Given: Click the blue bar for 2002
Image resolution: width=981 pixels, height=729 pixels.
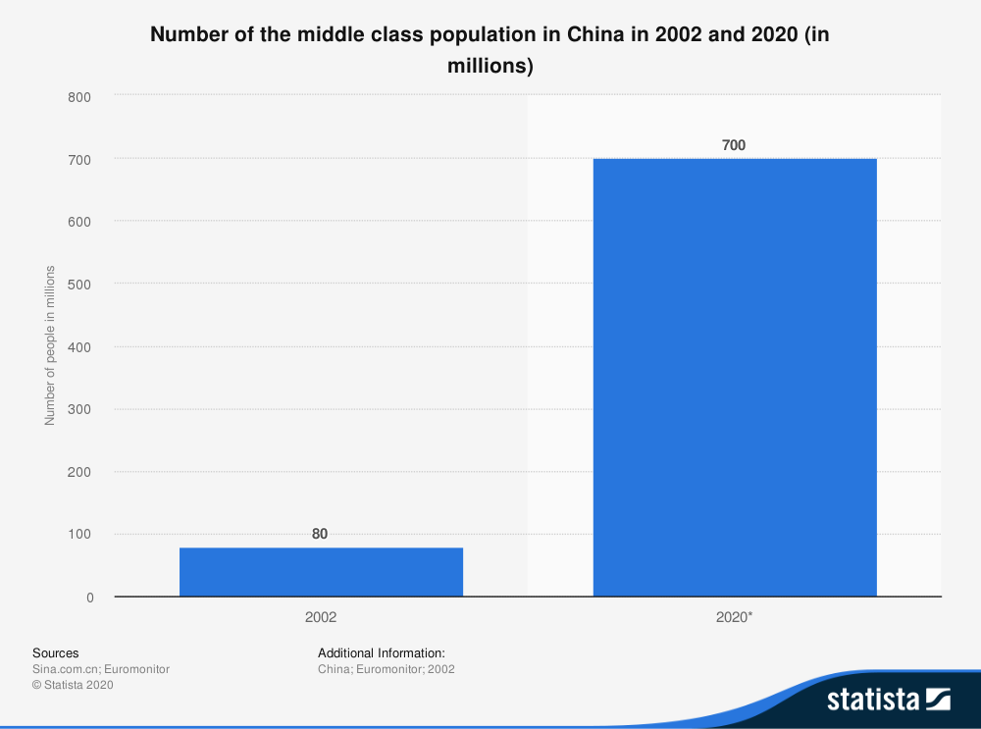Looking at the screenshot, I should click(x=321, y=572).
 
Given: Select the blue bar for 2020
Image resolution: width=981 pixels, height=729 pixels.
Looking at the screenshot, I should click(x=735, y=378).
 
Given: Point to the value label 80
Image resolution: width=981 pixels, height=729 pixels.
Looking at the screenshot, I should click(x=320, y=535).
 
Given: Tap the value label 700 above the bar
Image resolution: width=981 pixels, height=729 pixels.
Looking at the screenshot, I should click(x=734, y=145).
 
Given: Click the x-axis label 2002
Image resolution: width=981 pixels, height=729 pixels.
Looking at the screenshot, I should click(x=321, y=617).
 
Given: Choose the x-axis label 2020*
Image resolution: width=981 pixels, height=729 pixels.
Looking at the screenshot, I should click(x=735, y=617).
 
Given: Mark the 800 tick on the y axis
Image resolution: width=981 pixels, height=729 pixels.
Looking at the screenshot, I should click(x=79, y=97).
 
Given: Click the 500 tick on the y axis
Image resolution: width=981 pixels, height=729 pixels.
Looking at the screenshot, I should click(x=79, y=285).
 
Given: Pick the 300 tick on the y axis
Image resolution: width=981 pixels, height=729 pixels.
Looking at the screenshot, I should click(x=79, y=409).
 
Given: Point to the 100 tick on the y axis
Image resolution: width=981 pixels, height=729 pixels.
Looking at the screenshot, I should click(x=79, y=535).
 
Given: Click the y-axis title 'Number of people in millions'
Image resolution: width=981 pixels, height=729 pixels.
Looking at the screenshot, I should click(x=50, y=345).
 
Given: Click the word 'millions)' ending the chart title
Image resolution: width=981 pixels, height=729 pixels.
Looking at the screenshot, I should click(x=490, y=67).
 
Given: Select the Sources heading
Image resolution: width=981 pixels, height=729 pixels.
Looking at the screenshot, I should click(x=55, y=652).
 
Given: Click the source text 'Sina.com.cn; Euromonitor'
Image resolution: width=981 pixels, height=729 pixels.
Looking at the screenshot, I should click(x=101, y=669).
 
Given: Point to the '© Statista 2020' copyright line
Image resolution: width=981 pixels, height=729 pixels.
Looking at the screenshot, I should click(x=74, y=685).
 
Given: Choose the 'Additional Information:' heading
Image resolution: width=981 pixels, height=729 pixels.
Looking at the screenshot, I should click(x=382, y=652).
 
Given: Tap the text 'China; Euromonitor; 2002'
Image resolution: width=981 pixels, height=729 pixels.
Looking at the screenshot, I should click(x=387, y=669).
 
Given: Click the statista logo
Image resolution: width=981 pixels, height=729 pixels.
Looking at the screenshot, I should click(x=888, y=700).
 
